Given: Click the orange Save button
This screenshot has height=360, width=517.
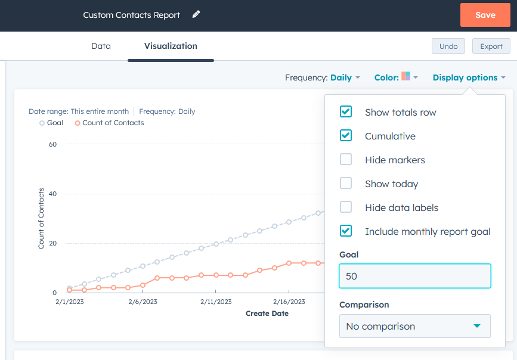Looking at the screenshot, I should click(485, 15).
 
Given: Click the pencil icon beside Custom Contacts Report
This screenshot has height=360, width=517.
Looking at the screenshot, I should click(196, 14).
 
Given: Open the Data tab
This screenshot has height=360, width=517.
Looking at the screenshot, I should click(101, 46).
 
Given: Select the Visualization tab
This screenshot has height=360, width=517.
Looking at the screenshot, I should click(171, 46).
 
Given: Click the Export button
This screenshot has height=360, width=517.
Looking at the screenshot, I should click(491, 46).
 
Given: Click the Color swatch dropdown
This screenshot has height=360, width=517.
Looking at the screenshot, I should click(409, 77).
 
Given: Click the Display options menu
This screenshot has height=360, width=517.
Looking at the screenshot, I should click(469, 77).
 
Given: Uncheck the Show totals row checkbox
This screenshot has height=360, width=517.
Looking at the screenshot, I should click(346, 111).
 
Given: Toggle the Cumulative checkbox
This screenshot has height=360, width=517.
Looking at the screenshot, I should click(346, 135).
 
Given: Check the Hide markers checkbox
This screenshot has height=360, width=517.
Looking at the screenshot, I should click(346, 159).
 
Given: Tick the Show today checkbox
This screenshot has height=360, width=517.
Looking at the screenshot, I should click(346, 183).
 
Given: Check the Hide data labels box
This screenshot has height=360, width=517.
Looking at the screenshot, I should click(346, 207).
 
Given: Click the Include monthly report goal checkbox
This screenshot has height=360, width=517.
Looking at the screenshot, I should click(346, 231).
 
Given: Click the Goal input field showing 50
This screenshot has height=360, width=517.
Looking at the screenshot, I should click(414, 277).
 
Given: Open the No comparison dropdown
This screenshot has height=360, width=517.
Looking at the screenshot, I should click(414, 326).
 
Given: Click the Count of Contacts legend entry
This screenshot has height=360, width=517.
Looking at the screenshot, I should click(113, 123).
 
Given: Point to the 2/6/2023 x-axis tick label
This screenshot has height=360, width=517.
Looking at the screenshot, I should click(143, 302).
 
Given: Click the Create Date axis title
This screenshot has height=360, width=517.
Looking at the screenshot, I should click(267, 313).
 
